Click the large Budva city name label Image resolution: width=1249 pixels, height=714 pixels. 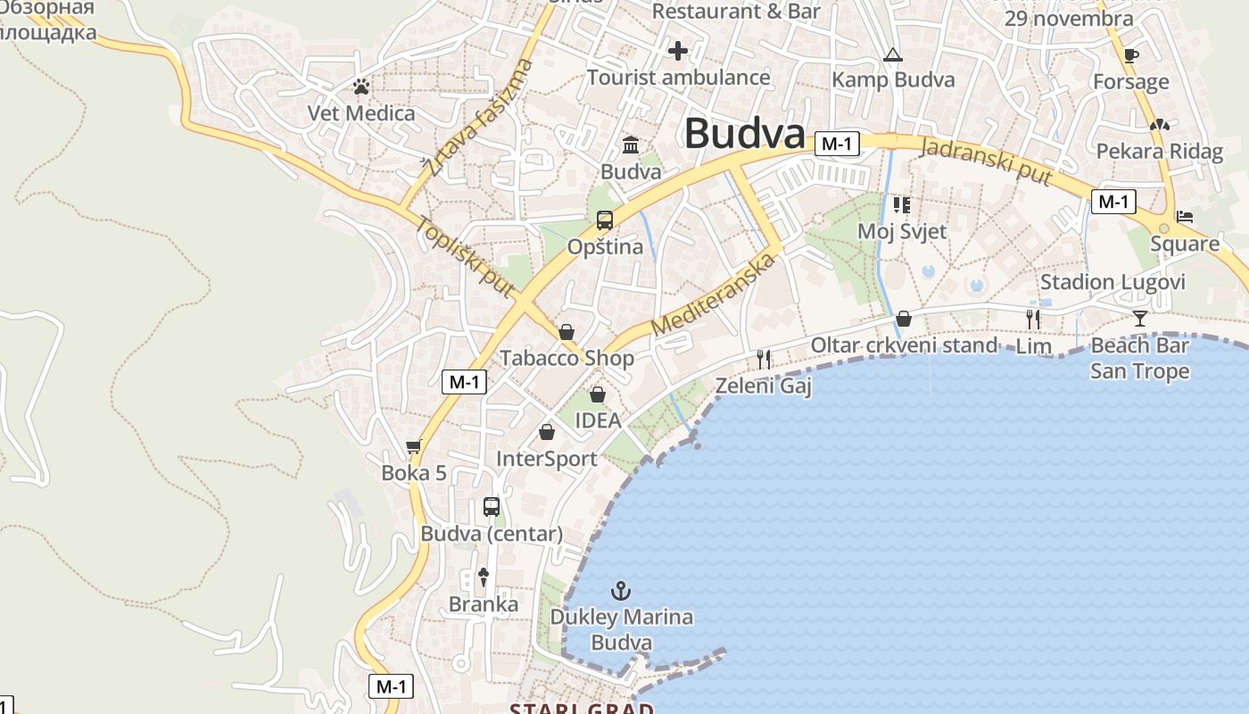[745, 134]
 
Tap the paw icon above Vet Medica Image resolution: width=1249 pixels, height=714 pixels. [361, 87]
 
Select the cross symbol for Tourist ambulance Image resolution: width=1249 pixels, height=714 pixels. [678, 51]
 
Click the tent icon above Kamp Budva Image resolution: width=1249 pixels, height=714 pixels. [893, 55]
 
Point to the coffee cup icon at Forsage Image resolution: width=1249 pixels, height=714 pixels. [1131, 56]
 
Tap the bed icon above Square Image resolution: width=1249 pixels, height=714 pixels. [1185, 216]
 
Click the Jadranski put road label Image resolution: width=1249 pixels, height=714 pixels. [985, 161]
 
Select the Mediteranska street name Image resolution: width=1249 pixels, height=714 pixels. [712, 295]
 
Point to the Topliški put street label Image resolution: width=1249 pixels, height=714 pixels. [465, 257]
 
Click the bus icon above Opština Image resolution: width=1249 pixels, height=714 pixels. [605, 220]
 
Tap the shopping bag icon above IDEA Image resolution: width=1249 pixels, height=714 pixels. [598, 394]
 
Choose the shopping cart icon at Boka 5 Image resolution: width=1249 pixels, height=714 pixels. [413, 447]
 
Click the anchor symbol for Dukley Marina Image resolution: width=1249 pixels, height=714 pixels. [620, 590]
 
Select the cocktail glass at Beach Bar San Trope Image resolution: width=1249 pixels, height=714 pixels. [1140, 318]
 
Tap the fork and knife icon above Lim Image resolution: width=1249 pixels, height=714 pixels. [1033, 319]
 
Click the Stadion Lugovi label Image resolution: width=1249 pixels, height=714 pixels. [1113, 283]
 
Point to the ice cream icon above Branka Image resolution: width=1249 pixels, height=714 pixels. [484, 577]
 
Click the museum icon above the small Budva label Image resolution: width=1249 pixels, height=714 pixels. [631, 145]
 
